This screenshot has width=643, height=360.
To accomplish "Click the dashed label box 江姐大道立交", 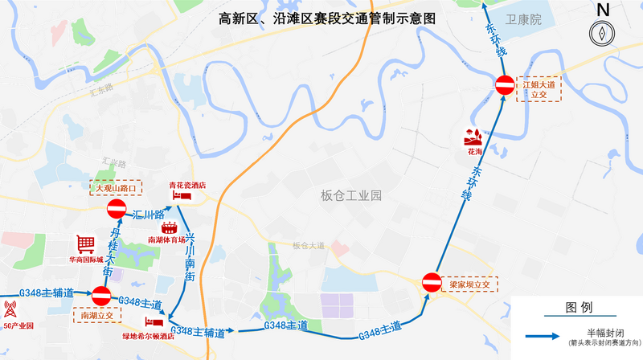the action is pos(539,88).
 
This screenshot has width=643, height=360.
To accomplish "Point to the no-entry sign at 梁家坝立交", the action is pos(431,282).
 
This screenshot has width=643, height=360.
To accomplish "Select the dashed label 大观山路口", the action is pos(117,187).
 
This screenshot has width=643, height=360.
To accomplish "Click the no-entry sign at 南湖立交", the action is pos(101,296).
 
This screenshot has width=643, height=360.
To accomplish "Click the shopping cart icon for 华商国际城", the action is pos(85,243).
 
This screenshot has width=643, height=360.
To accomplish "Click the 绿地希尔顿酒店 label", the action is pos(149,336).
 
